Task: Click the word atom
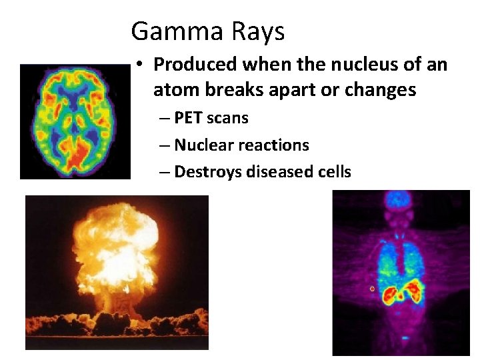pos(174,89)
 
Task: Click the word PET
pos(189,118)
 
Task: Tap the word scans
pos(228,118)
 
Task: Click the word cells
pos(333,171)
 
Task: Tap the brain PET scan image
pos(75,121)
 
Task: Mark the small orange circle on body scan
pos(372,289)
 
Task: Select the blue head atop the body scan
pos(399,199)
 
